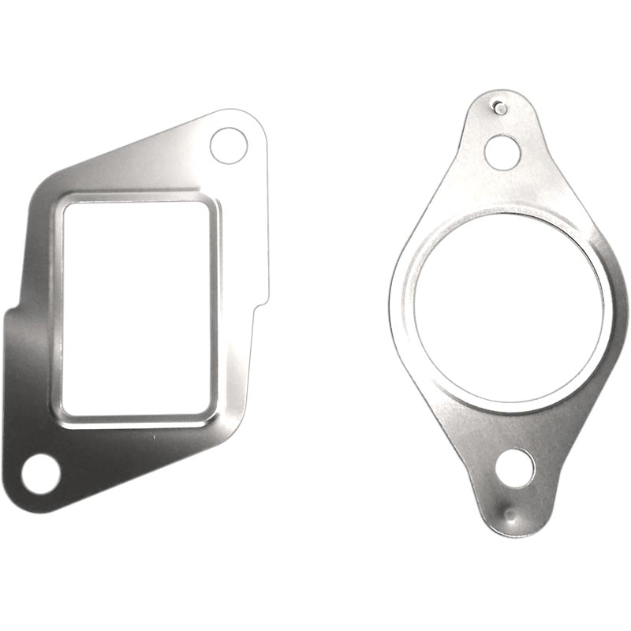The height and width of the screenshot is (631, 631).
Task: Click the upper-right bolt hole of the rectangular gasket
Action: [x=228, y=145]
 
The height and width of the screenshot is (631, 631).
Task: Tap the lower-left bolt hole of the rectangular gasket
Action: [x=40, y=474]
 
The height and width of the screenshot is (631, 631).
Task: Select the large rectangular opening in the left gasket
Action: [x=136, y=308]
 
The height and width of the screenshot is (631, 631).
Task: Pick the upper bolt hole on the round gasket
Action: [x=502, y=152]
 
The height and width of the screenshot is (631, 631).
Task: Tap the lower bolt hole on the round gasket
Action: [x=514, y=468]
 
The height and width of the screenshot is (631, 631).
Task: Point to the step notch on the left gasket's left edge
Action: [x=11, y=312]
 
